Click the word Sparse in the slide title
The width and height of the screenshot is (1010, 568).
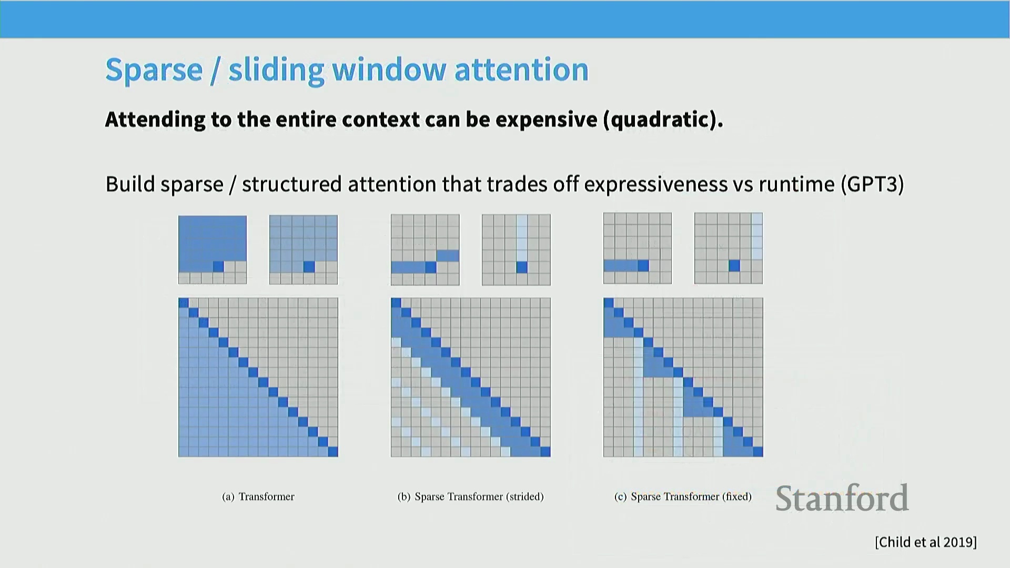point(154,70)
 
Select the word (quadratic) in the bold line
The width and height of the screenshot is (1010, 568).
point(663,120)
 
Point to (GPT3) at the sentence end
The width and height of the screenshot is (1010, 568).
point(873,185)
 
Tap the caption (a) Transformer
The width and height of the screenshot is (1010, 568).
point(258,496)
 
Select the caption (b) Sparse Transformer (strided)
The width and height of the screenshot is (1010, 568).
point(471,496)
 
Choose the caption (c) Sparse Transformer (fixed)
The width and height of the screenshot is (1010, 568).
point(683,496)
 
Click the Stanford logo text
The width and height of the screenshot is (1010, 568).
point(842,498)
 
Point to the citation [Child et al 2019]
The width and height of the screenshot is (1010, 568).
point(926,542)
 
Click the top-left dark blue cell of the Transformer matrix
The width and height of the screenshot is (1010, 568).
point(184,303)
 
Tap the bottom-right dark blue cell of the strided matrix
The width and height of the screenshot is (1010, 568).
point(546,451)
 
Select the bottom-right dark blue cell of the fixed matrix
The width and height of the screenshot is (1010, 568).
point(758,451)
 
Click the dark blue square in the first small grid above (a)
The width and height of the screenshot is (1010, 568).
point(218,267)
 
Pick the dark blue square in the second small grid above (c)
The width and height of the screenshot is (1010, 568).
point(734,266)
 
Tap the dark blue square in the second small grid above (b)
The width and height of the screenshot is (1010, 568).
point(522,267)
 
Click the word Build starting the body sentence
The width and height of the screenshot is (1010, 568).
point(130,185)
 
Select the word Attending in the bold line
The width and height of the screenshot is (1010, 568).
point(155,120)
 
